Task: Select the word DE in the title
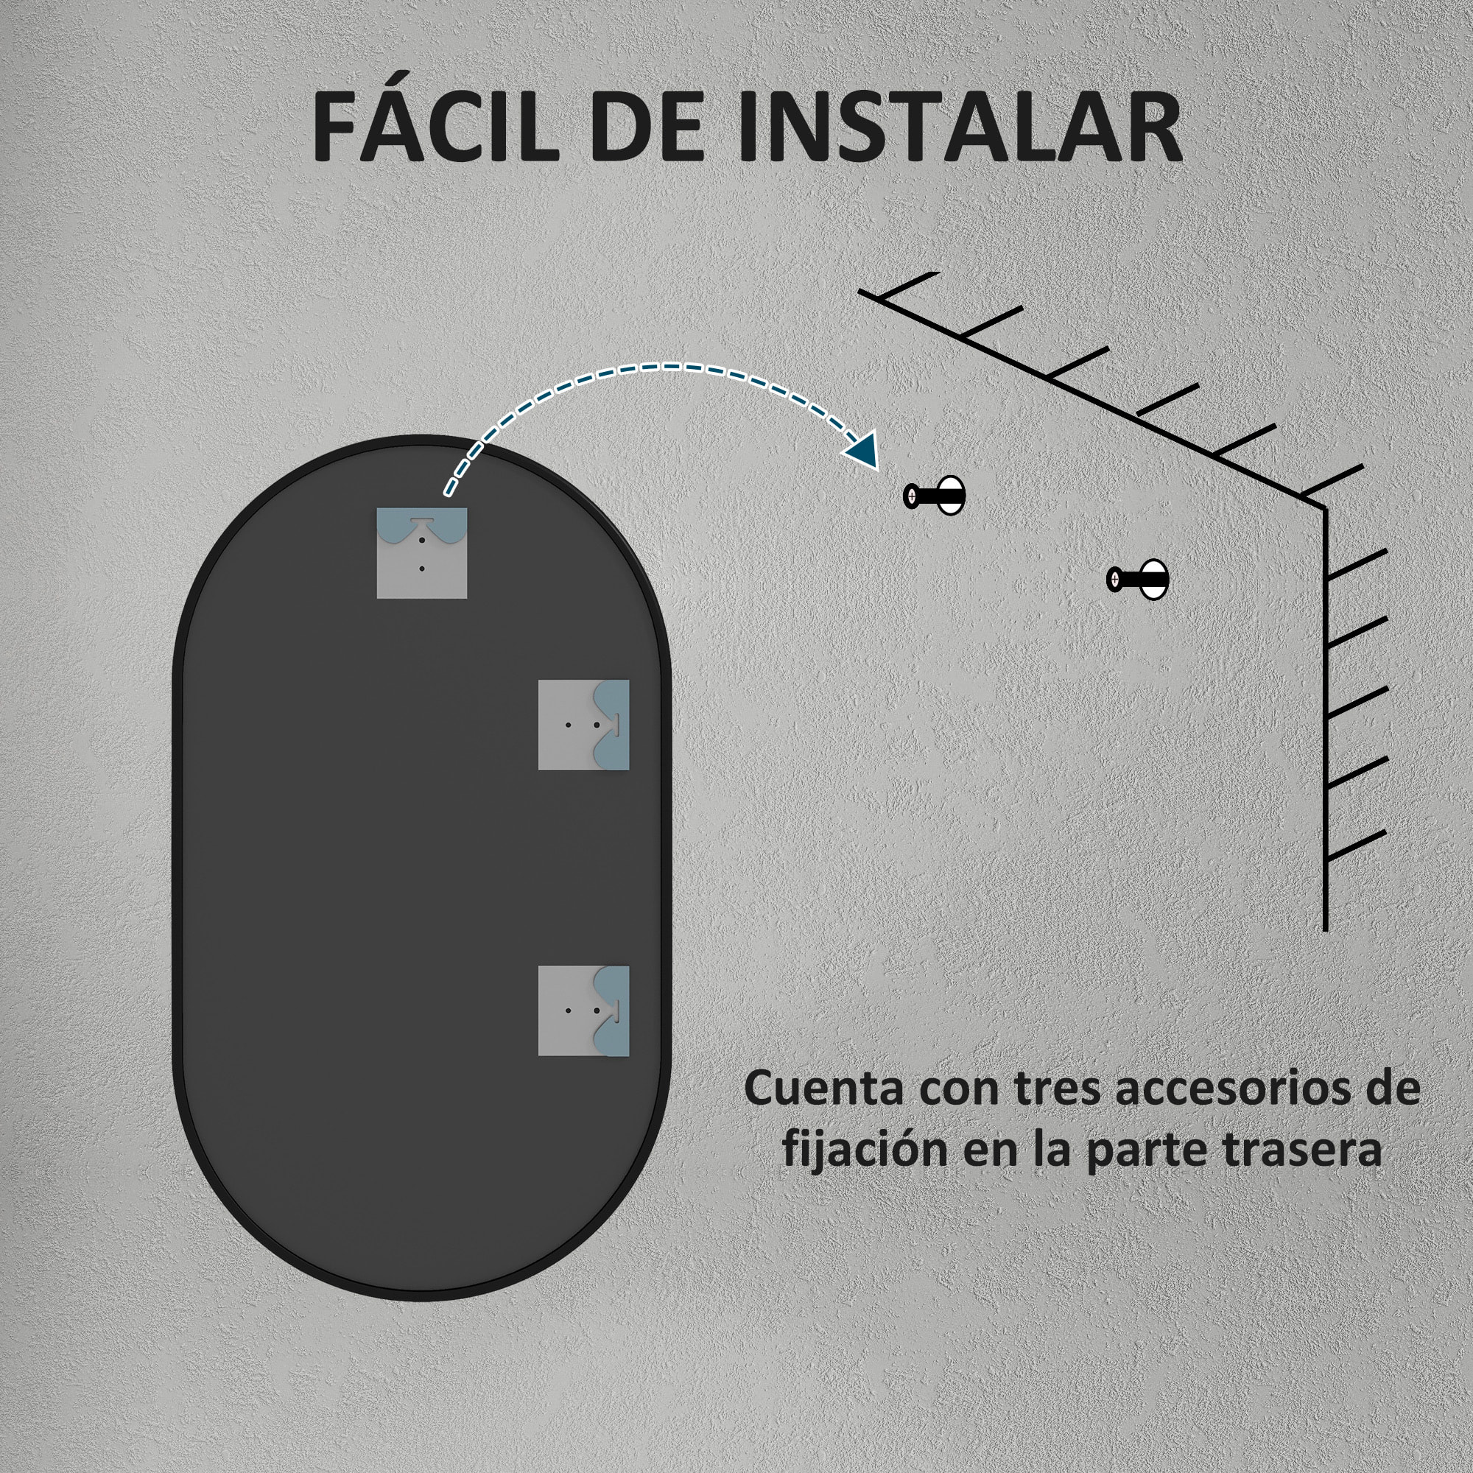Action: click(x=646, y=127)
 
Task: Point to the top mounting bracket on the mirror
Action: click(x=421, y=553)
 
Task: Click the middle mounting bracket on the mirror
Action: click(x=583, y=725)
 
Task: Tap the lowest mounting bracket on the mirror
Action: click(x=583, y=1011)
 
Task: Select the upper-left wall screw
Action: click(x=934, y=496)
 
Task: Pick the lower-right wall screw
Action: click(x=1138, y=580)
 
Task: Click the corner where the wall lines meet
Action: click(x=1325, y=506)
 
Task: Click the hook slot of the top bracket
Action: click(x=421, y=521)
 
